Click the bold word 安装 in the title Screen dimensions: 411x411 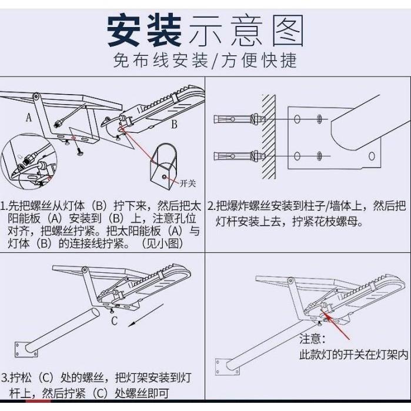pos(144,31)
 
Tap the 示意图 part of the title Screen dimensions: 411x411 pos(246,31)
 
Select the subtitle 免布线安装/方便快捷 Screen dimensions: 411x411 pos(205,61)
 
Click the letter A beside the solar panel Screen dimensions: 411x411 pos(28,118)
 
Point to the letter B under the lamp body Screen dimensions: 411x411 pos(174,125)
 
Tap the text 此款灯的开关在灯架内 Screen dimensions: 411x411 pos(353,355)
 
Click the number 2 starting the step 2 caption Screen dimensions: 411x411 pos(210,206)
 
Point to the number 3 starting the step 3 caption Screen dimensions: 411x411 pos(5,377)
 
